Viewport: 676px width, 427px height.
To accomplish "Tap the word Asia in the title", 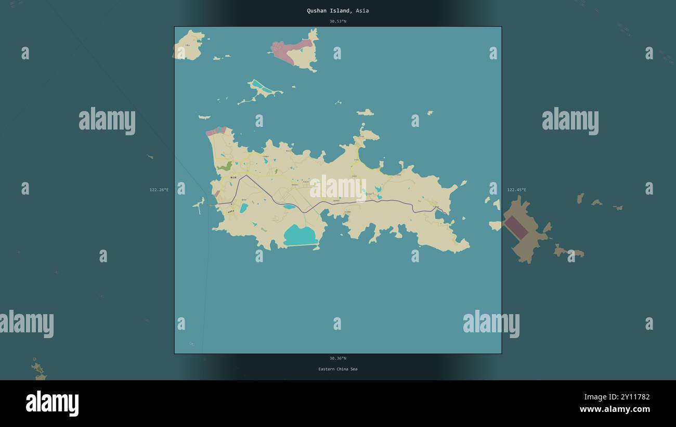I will tap(362, 10).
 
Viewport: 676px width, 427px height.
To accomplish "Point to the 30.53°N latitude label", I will tap(337, 21).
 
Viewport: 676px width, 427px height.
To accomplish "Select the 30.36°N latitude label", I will tap(337, 358).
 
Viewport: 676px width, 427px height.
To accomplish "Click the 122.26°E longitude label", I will tap(159, 190).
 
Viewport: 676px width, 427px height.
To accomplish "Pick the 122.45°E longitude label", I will tap(516, 190).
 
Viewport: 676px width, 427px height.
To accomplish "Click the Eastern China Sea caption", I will tap(337, 369).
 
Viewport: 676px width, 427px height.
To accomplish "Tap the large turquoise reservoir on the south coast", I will tap(300, 235).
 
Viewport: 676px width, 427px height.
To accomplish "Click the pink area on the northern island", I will tap(287, 51).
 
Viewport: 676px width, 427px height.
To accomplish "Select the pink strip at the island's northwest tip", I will tap(216, 131).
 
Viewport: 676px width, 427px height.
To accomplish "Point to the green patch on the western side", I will tap(225, 166).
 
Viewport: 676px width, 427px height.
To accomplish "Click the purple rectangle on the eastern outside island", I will tap(516, 228).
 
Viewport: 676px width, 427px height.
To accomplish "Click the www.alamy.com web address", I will tap(615, 409).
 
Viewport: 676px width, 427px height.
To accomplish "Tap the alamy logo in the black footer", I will tap(52, 404).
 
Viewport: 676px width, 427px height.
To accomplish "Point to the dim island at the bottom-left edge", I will tap(38, 370).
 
